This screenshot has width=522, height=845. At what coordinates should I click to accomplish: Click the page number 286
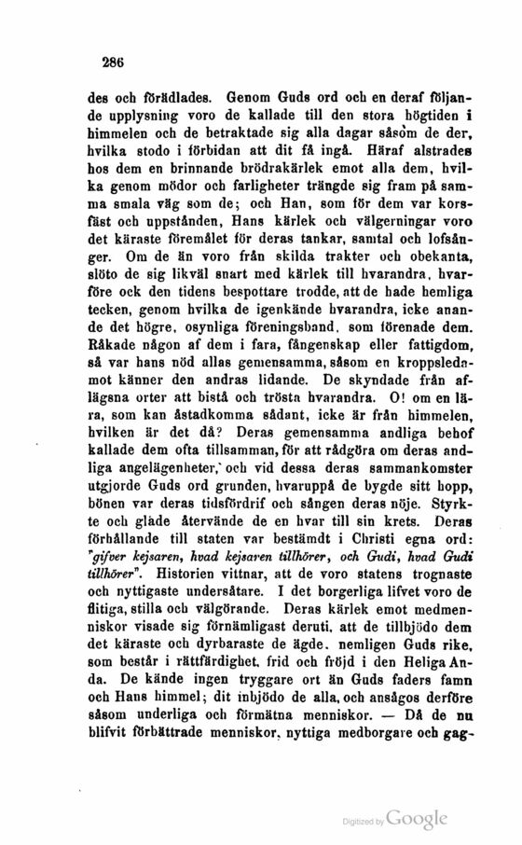pyautogui.click(x=115, y=63)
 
